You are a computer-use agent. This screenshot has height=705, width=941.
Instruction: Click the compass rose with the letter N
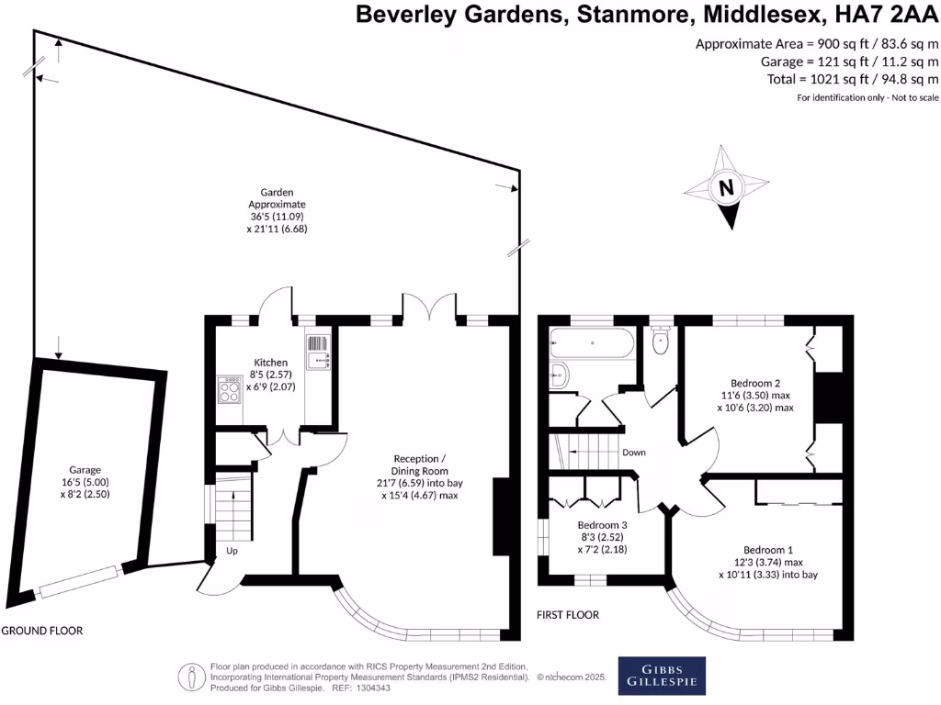726,190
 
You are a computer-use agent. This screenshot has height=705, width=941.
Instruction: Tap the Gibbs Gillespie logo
662,674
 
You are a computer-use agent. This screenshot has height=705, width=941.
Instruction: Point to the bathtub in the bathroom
592,345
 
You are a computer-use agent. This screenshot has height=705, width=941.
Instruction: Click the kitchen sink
318,352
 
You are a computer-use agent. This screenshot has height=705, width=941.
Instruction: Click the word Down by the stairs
634,453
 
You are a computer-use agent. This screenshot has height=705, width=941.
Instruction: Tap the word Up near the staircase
232,552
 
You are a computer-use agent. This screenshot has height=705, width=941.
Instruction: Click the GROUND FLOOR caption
41,631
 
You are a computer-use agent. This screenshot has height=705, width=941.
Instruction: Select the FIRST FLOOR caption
568,614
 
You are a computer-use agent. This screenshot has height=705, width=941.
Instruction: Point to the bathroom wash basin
560,375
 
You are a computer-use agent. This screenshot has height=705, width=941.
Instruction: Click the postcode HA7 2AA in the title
882,15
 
